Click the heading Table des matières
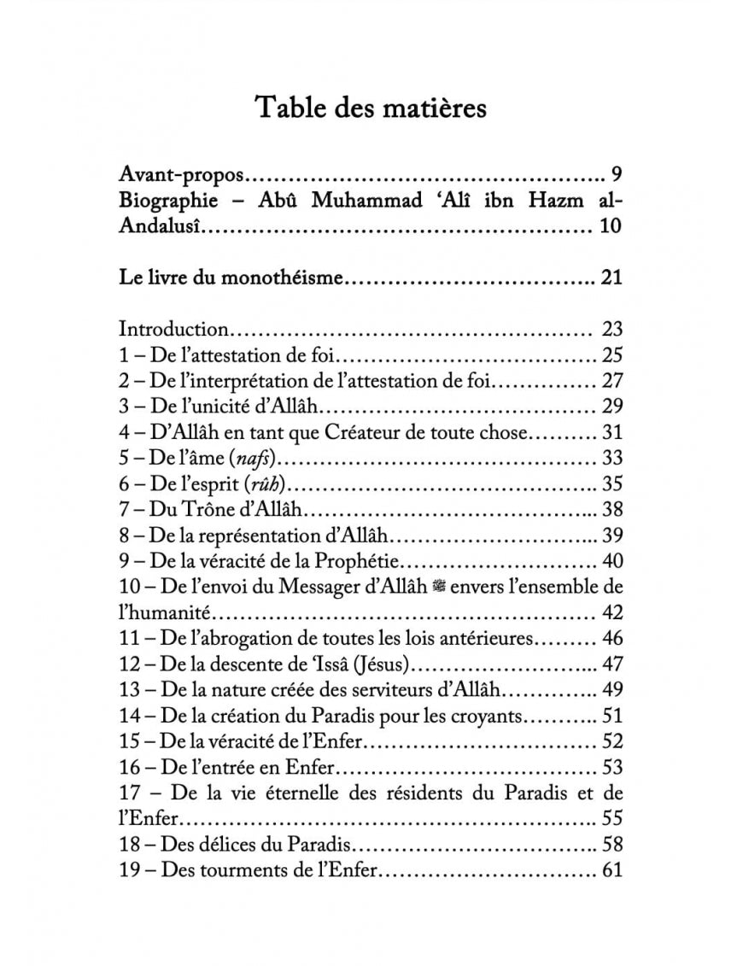tap(371, 108)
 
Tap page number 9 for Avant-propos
tap(617, 176)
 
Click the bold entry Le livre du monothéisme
tap(231, 277)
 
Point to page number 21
tap(611, 277)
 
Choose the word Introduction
tap(173, 329)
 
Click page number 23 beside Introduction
tap(612, 329)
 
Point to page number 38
tap(612, 509)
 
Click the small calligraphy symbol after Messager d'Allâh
tap(441, 587)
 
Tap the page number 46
tap(612, 637)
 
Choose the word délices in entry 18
tap(226, 844)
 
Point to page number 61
tap(612, 869)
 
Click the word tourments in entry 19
tap(243, 869)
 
